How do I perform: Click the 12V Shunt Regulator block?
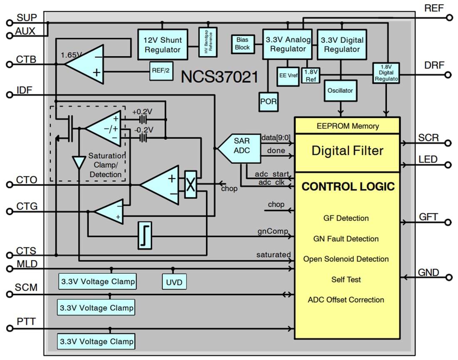(x=162, y=45)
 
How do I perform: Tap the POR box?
(x=269, y=101)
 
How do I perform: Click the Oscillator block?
(x=341, y=90)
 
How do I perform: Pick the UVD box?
(x=174, y=282)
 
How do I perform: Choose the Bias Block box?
(x=242, y=43)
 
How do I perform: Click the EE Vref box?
(x=289, y=76)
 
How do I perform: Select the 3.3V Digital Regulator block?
(x=342, y=45)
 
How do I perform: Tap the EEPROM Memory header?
(x=347, y=126)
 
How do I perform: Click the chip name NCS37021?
(x=219, y=77)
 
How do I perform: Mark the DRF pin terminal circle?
(x=448, y=75)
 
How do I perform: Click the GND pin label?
(x=428, y=273)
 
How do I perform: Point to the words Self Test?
(x=346, y=279)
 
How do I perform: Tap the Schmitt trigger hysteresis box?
(x=144, y=236)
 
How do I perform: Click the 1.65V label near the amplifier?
(x=71, y=55)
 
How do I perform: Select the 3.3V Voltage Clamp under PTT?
(x=97, y=341)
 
